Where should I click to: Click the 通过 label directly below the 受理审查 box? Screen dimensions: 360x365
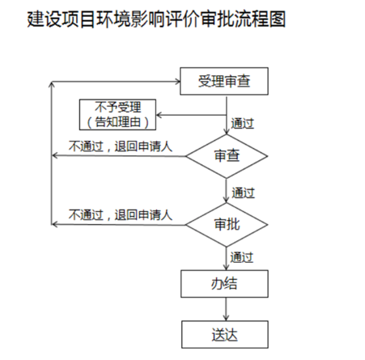click(243, 124)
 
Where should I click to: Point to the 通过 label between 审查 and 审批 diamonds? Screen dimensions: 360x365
click(243, 193)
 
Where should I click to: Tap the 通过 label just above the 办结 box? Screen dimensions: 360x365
click(243, 256)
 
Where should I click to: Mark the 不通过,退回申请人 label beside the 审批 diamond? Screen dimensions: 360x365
click(121, 214)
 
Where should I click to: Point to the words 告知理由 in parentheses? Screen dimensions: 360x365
click(118, 121)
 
